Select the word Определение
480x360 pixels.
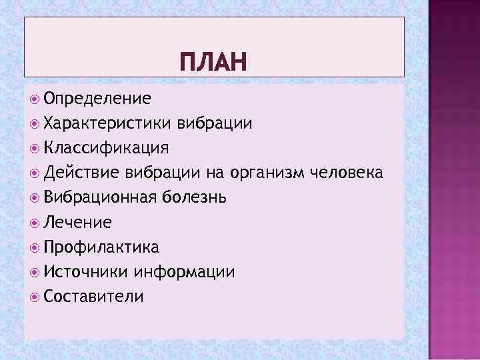(97, 99)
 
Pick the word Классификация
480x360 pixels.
(106, 147)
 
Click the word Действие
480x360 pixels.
(81, 173)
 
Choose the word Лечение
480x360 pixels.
(77, 222)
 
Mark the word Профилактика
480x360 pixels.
(101, 247)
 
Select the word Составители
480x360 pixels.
(93, 296)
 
